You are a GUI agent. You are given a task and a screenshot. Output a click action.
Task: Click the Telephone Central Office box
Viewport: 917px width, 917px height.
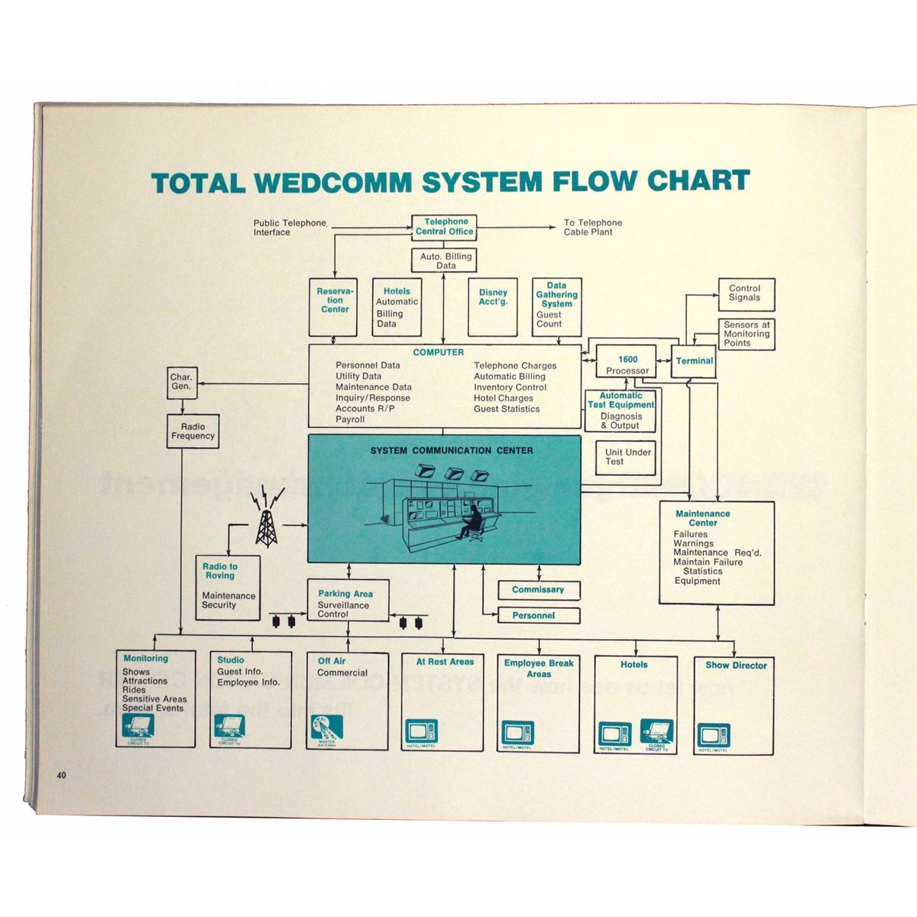point(445,227)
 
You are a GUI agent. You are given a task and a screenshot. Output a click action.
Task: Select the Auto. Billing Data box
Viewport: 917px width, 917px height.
point(446,261)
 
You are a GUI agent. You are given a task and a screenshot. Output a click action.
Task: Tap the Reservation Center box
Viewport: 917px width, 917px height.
point(334,306)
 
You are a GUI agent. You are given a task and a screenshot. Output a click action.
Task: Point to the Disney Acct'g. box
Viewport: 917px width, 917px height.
point(493,306)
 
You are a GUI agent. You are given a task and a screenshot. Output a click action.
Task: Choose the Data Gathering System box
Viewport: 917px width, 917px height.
point(556,306)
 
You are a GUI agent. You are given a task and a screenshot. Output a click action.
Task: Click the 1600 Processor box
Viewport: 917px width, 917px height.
point(627,364)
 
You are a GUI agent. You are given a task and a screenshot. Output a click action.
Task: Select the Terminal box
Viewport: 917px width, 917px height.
point(694,361)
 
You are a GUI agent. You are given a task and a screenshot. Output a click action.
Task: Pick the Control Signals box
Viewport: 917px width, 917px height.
point(745,294)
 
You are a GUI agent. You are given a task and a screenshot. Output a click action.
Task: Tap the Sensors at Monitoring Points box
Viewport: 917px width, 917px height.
point(747,334)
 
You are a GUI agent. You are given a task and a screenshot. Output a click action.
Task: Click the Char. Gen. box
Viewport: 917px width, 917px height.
point(182,382)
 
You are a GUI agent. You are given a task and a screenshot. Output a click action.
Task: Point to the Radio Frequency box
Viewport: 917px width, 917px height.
point(193,431)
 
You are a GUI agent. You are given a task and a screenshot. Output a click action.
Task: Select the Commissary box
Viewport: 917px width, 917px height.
point(538,590)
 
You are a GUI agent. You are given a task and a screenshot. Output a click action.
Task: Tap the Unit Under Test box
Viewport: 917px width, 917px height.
point(627,457)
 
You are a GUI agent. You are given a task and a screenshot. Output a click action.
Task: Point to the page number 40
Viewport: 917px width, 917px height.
point(61,775)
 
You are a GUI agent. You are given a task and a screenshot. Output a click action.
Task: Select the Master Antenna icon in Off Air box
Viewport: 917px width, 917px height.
point(326,730)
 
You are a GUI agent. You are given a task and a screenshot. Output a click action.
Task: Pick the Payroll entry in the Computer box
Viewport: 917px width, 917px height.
point(350,420)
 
